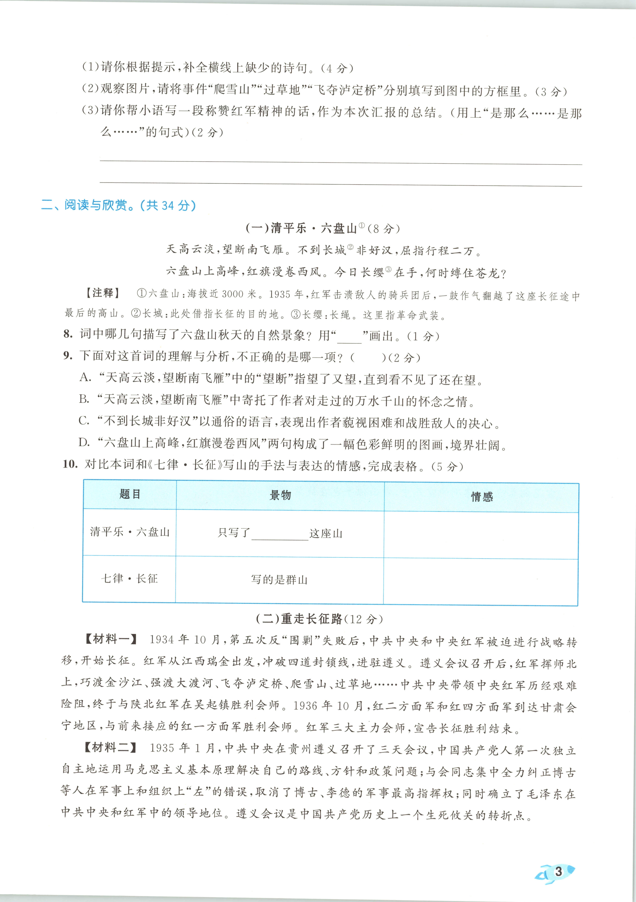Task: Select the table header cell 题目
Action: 130,494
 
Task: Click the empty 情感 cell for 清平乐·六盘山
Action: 481,535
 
